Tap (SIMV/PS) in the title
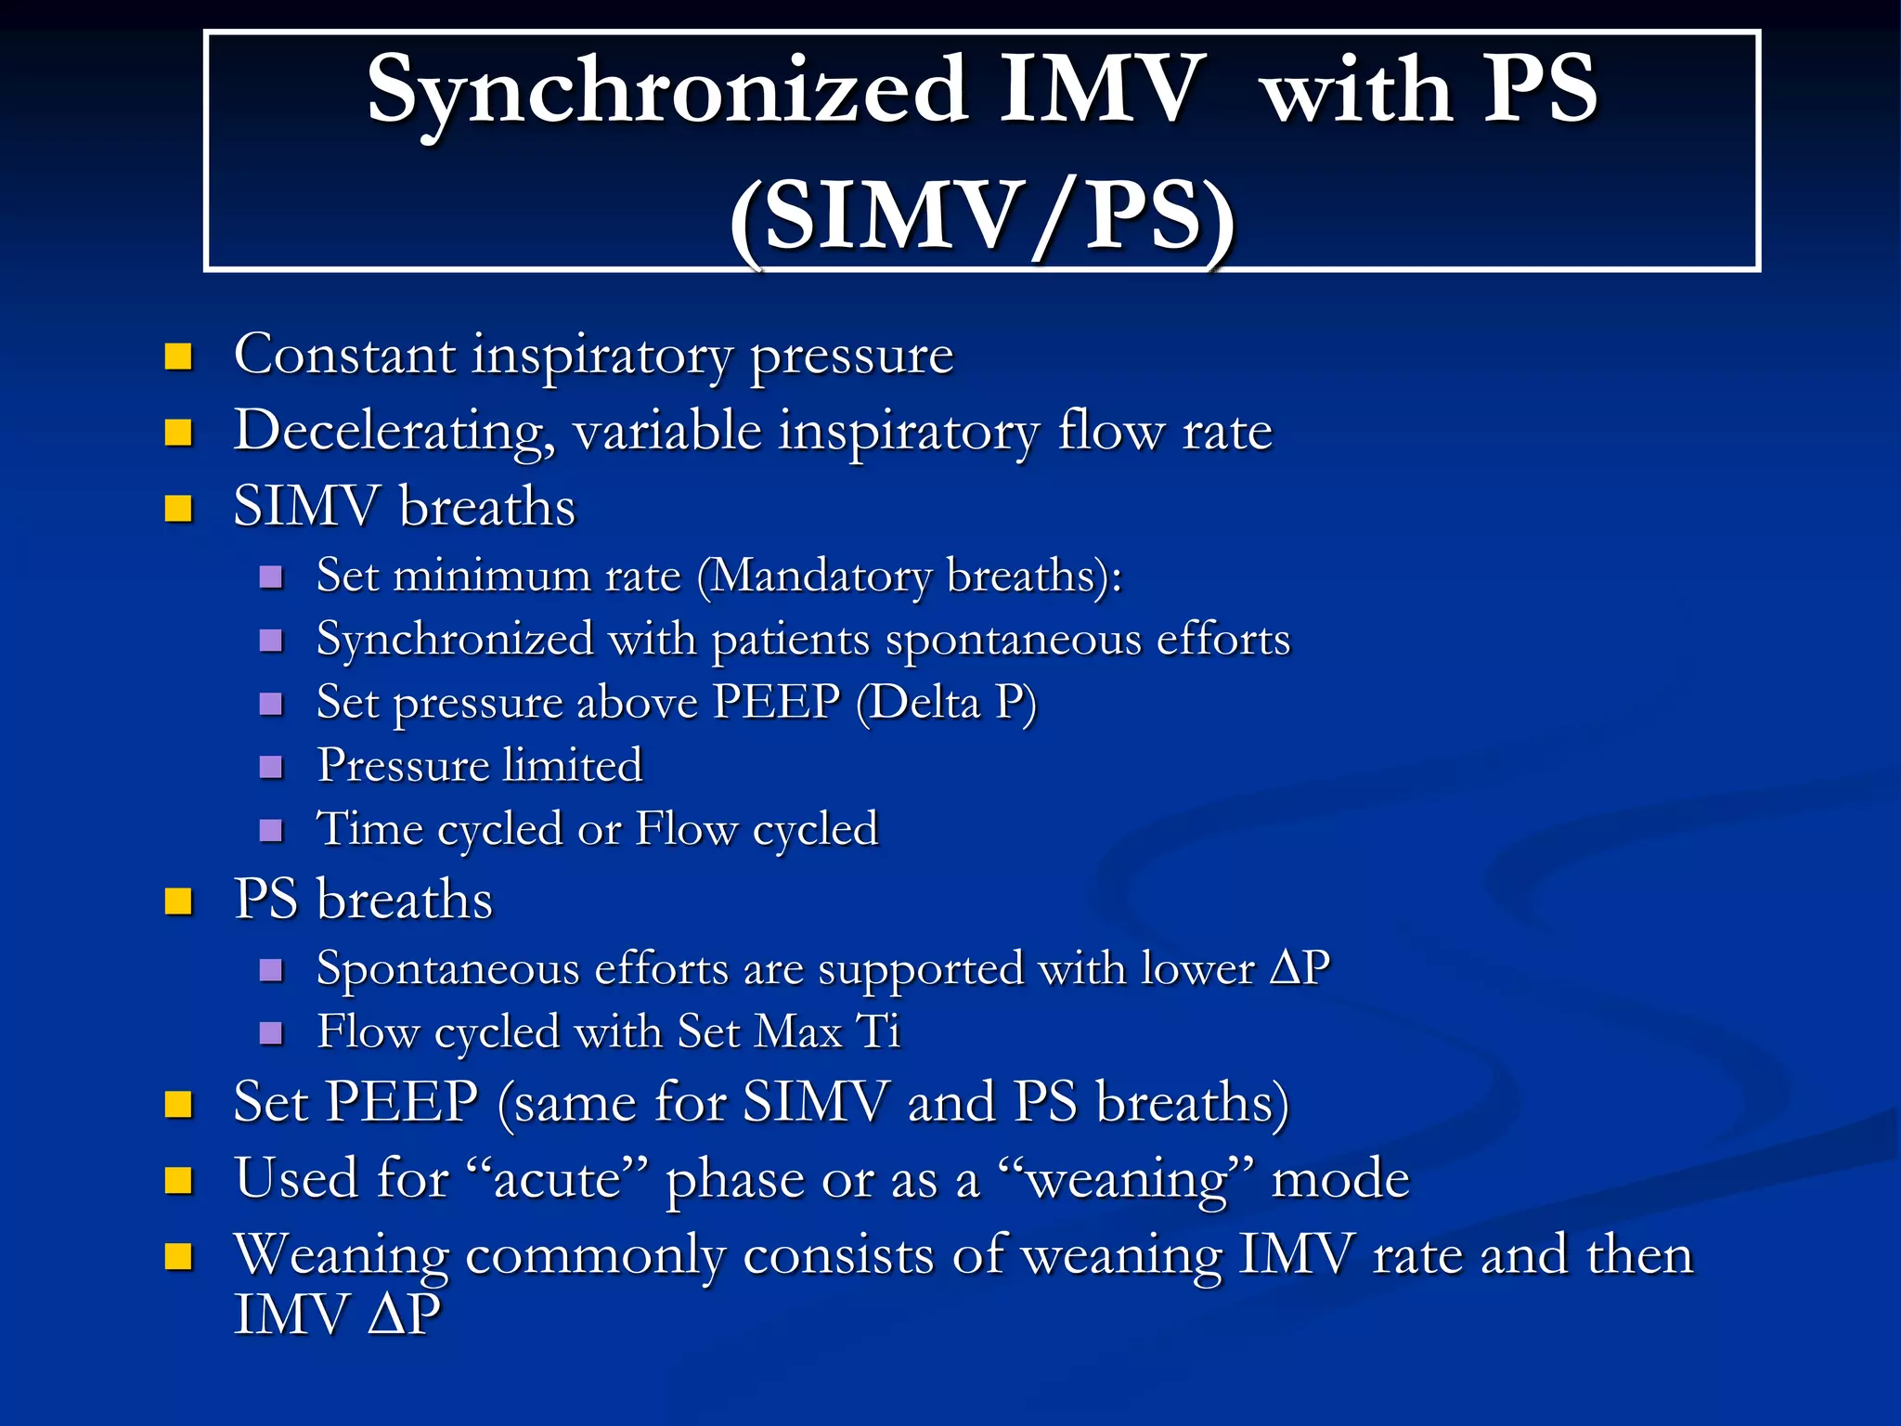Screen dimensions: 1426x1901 [981, 217]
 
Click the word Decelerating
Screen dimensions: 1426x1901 [394, 432]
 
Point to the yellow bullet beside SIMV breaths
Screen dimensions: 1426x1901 [178, 508]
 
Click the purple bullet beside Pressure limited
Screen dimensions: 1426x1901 [271, 767]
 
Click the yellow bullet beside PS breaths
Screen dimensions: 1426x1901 [178, 901]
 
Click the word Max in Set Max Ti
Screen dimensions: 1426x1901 [797, 1031]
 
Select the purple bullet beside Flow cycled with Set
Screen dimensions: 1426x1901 [271, 1033]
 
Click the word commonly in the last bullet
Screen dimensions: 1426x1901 [595, 1256]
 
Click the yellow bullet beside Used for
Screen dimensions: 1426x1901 [178, 1180]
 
